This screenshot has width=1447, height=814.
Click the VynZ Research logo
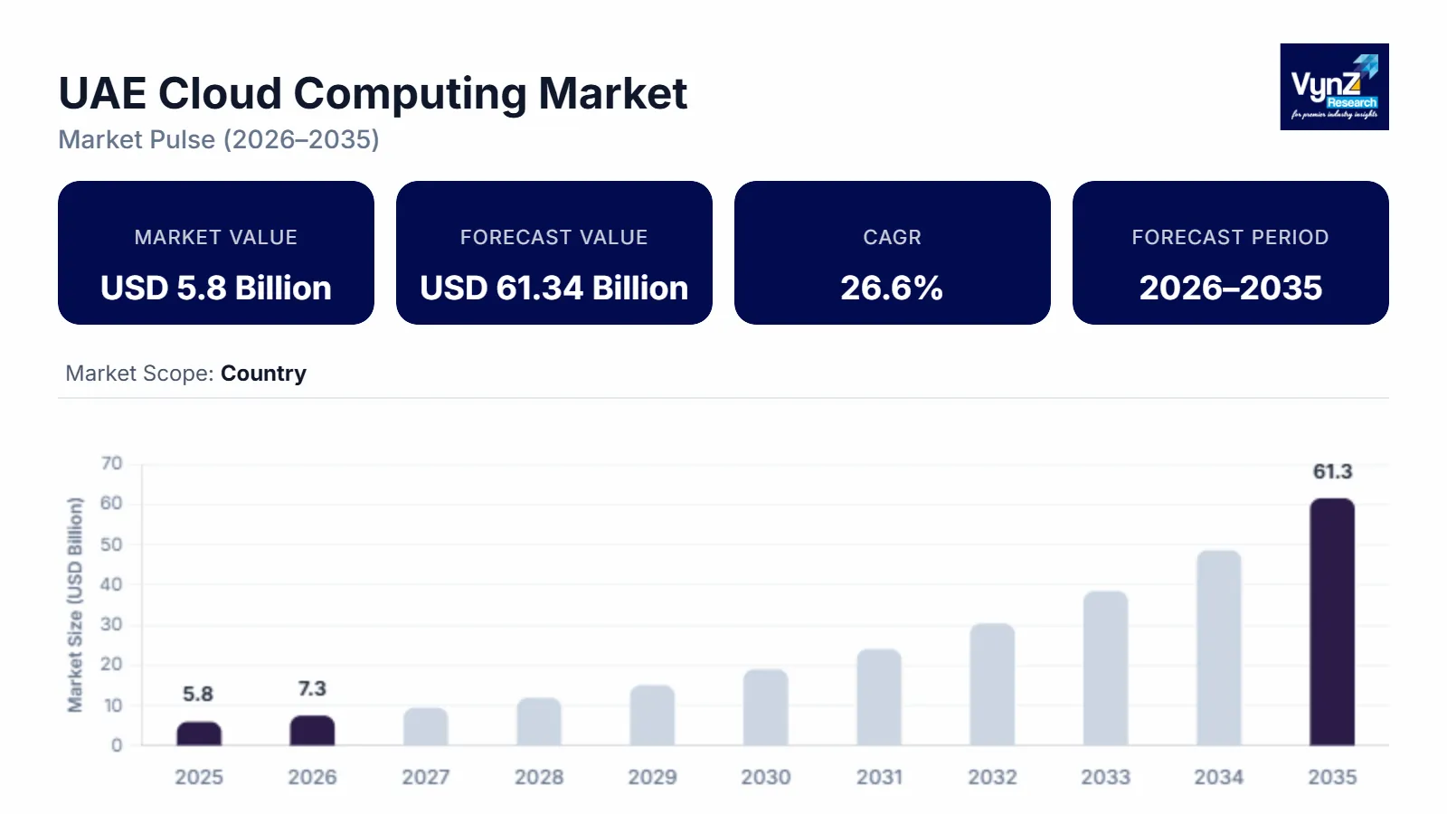[x=1334, y=87]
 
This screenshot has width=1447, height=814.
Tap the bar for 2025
[x=199, y=734]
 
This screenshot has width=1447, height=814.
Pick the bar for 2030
[x=766, y=707]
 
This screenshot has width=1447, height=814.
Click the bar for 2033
[x=1105, y=668]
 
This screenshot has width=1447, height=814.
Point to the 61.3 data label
[x=1332, y=471]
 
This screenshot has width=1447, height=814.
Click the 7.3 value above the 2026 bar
[x=312, y=689]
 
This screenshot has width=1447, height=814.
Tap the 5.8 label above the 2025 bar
[x=198, y=695]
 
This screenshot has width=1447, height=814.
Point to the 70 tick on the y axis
[x=111, y=464]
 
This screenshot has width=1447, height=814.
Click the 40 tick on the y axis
[x=111, y=584]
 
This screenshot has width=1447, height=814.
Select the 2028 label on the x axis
[x=539, y=777]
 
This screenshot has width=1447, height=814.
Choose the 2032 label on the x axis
[x=992, y=777]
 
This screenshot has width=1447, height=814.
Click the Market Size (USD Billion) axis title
[x=75, y=605]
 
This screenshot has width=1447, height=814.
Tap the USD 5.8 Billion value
[x=216, y=288]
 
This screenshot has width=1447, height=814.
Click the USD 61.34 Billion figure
[x=553, y=288]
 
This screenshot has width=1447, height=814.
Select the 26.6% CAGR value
[x=892, y=288]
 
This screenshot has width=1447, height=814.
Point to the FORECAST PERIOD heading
[x=1230, y=237]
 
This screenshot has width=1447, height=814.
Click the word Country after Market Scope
[x=263, y=374]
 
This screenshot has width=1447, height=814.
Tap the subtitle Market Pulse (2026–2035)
[x=219, y=139]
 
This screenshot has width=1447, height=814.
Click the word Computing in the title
[x=411, y=93]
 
